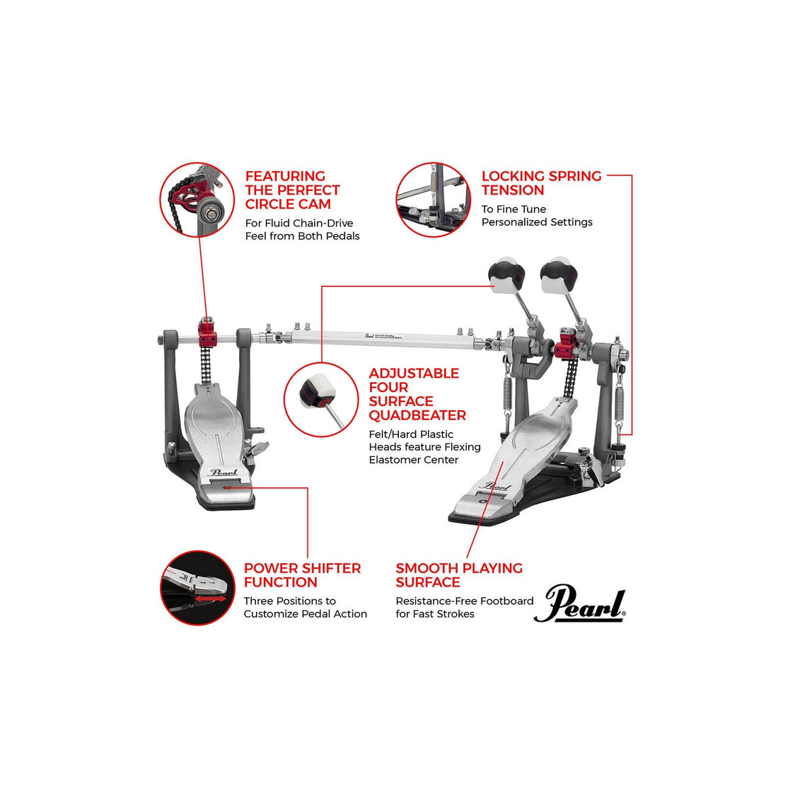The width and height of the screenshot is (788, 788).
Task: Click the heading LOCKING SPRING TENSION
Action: [x=541, y=183]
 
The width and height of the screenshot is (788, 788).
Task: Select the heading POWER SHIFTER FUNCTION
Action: [x=302, y=575]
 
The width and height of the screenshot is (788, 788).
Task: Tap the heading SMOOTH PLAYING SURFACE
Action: [x=459, y=575]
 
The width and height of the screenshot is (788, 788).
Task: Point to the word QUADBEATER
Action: [x=417, y=415]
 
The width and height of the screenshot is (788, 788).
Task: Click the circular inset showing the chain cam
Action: [x=197, y=199]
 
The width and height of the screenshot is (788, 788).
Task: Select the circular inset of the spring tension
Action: [x=433, y=199]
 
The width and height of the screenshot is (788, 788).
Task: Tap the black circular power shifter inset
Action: [x=197, y=589]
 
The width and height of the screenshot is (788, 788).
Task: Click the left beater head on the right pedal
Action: [x=504, y=272]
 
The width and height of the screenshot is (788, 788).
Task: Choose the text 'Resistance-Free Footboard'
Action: [x=465, y=601]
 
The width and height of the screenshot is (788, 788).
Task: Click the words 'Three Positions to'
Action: [x=290, y=601]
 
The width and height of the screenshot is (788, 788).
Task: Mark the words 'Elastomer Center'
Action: [x=414, y=460]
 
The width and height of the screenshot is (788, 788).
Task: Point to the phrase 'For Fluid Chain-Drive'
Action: [x=299, y=223]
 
